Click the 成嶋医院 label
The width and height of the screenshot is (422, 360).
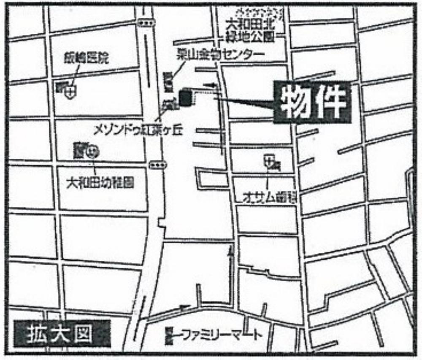(x=87, y=58)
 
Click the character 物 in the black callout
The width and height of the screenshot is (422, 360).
(x=294, y=103)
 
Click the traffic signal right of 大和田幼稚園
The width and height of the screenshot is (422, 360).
(x=157, y=164)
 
